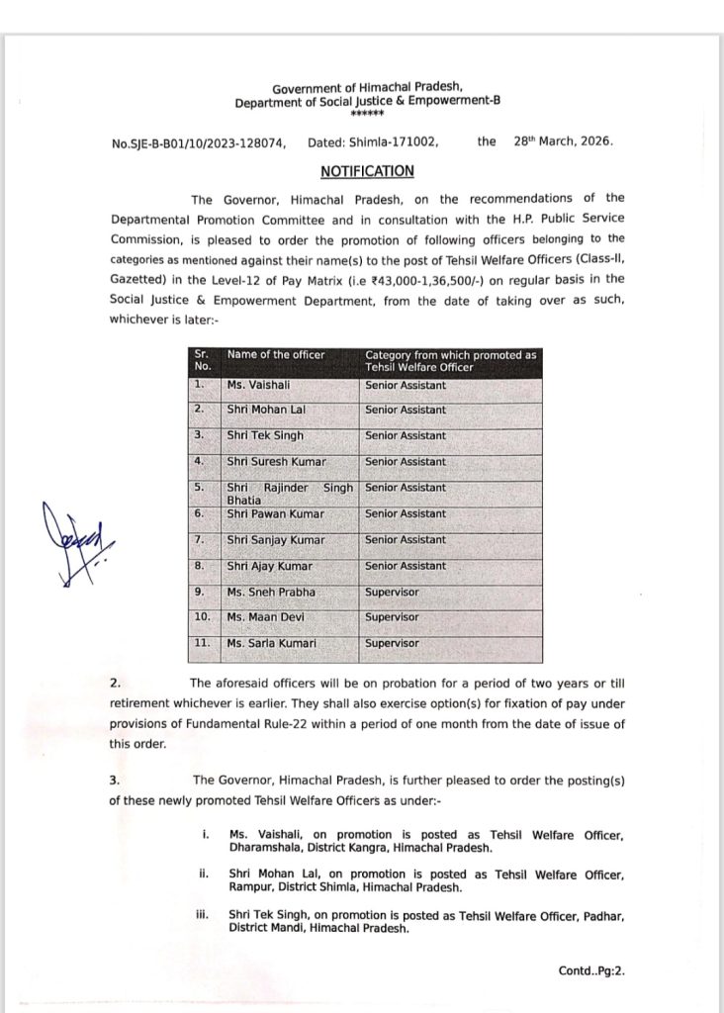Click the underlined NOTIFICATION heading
pyautogui.click(x=360, y=171)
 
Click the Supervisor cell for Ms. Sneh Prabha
pyautogui.click(x=392, y=592)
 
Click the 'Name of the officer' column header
pyautogui.click(x=276, y=354)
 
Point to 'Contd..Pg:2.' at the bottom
pyautogui.click(x=591, y=971)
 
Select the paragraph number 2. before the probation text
pyautogui.click(x=115, y=683)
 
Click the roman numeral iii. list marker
pyautogui.click(x=204, y=915)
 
